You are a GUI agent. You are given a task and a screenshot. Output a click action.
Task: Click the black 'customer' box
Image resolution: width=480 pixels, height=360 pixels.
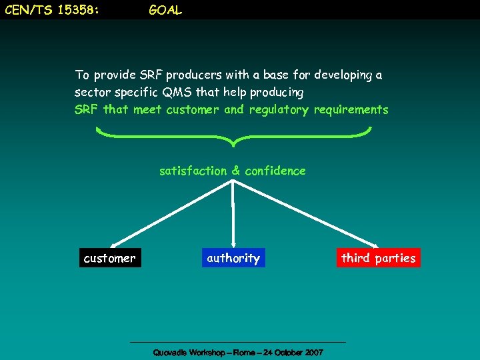[109, 258]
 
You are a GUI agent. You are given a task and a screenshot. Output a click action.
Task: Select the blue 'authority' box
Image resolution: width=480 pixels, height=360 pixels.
[233, 258]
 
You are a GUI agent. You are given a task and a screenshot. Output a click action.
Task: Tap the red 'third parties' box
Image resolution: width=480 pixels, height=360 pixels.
[378, 258]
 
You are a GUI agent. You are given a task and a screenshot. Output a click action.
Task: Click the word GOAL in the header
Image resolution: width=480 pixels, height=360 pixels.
[165, 11]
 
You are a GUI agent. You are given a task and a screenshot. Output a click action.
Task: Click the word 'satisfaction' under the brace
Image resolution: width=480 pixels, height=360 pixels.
[193, 171]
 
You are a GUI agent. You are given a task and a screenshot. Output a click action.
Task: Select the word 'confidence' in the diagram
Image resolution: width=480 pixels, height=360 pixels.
[275, 171]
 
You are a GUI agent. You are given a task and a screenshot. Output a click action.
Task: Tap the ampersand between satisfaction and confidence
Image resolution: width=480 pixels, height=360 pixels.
[236, 171]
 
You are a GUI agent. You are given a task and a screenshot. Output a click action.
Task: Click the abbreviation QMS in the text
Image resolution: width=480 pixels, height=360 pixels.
[176, 92]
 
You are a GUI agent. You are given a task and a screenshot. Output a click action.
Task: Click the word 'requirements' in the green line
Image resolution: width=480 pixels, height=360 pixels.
[351, 110]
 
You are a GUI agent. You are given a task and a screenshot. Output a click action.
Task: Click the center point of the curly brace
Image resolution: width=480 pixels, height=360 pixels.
[233, 141]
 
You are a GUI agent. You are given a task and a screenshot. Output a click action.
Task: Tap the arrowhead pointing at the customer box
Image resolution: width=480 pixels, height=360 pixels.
[113, 246]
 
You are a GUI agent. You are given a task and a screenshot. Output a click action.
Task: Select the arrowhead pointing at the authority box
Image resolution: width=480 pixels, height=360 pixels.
[233, 245]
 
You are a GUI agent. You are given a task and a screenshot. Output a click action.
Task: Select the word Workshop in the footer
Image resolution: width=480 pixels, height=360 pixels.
[205, 352]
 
